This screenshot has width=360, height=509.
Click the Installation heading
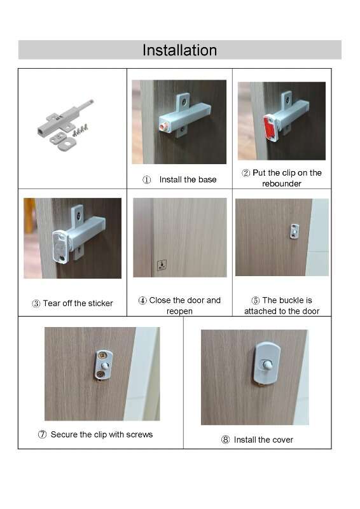click(x=179, y=50)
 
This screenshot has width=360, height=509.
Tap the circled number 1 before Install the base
click(x=147, y=180)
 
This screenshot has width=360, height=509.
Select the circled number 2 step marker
click(x=246, y=173)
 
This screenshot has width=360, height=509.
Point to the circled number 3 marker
click(x=36, y=303)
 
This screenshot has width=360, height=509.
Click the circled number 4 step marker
click(x=142, y=300)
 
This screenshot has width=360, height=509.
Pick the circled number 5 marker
click(x=256, y=300)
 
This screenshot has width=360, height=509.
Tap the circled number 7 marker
click(x=42, y=435)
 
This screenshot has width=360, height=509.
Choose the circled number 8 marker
click(x=225, y=440)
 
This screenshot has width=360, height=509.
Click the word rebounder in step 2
click(x=281, y=184)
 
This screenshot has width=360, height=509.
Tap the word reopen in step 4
click(x=179, y=311)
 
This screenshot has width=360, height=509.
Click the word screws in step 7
click(x=139, y=435)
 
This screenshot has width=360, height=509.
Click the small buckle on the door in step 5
click(x=294, y=231)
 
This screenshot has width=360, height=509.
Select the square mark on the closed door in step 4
click(x=162, y=265)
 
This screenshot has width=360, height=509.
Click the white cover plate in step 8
click(x=267, y=363)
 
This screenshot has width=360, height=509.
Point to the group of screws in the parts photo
click(x=80, y=130)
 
